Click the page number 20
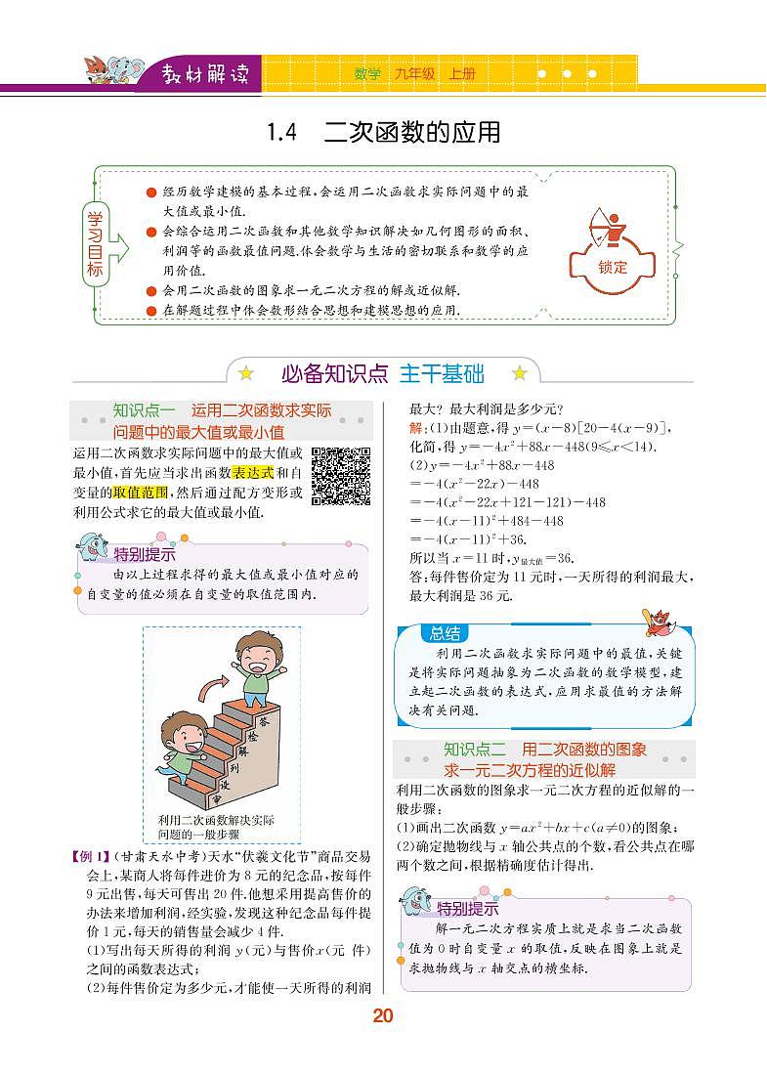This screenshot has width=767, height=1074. (382, 1016)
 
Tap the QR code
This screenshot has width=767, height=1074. (341, 476)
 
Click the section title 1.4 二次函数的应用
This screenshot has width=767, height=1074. (383, 132)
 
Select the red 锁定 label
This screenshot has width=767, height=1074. (613, 267)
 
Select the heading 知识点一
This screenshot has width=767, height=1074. (143, 410)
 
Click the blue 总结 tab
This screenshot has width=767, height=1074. (445, 633)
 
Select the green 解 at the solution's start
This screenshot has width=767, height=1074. (415, 428)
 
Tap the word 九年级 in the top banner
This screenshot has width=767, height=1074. (414, 73)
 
